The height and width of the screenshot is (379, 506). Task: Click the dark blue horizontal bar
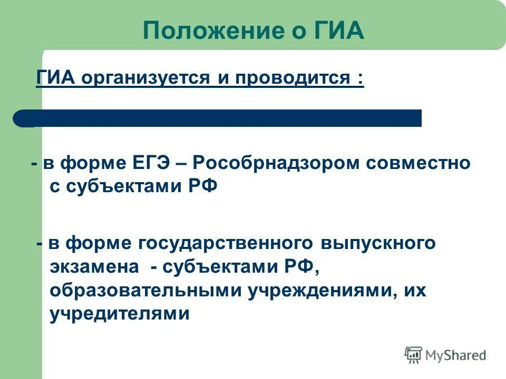coord(221,118)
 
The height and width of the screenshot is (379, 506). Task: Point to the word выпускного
coord(378,244)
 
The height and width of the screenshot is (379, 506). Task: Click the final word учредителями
coord(120,314)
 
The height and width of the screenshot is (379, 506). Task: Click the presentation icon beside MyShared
coord(413,355)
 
